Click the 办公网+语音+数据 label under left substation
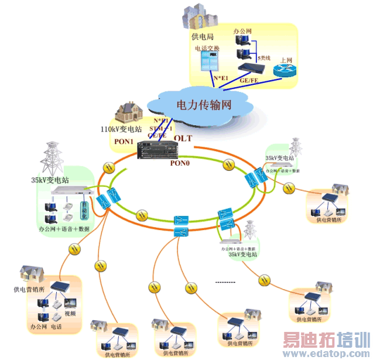[x=64, y=229]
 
